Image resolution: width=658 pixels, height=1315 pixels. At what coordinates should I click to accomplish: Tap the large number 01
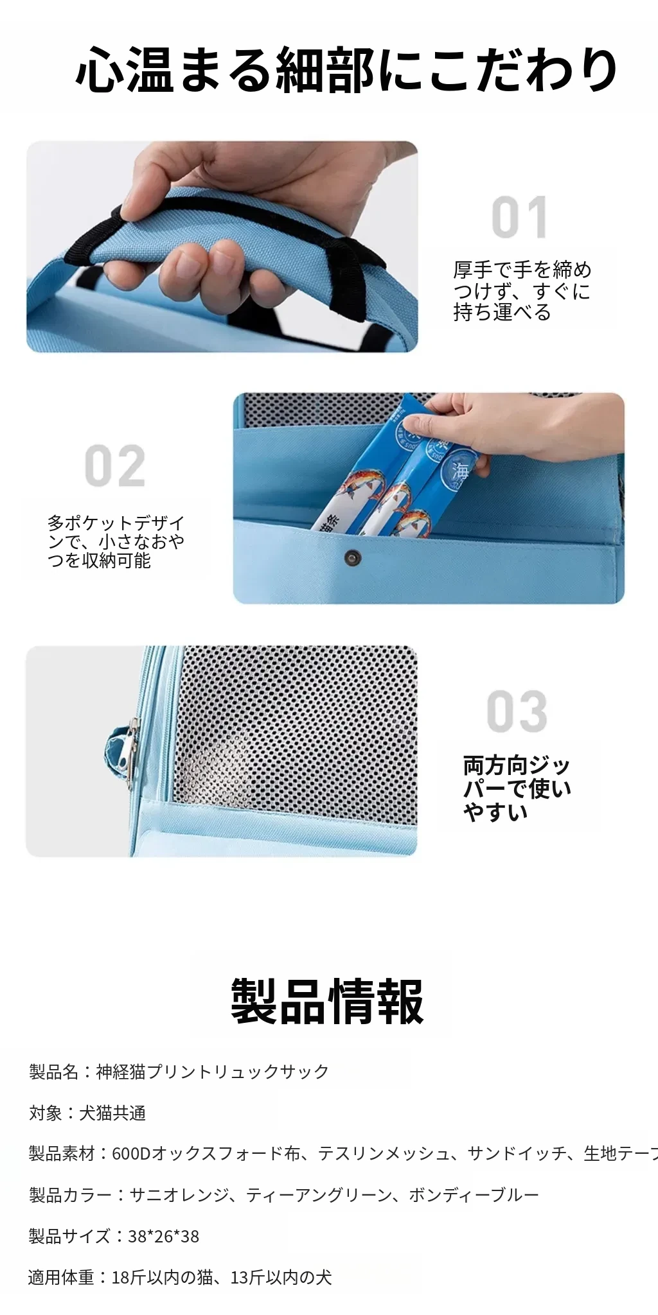coord(520,218)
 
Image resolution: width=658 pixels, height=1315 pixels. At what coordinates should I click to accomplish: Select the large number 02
coord(115,466)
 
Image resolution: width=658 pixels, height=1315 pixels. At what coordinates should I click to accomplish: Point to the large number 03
coord(517,711)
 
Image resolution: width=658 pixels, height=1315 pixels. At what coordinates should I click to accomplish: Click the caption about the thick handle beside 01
coord(522,291)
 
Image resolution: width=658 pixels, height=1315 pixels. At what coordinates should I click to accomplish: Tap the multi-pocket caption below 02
coord(116,541)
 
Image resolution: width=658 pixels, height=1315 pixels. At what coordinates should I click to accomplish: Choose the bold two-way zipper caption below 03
coord(517,788)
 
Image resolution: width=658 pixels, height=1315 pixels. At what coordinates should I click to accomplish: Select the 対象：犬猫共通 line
coord(87,1113)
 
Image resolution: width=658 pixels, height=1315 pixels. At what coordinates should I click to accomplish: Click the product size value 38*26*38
coord(164,1236)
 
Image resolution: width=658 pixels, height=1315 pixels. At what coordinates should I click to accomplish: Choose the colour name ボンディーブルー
coord(474,1195)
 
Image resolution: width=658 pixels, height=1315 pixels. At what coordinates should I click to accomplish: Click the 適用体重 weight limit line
coord(180,1277)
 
